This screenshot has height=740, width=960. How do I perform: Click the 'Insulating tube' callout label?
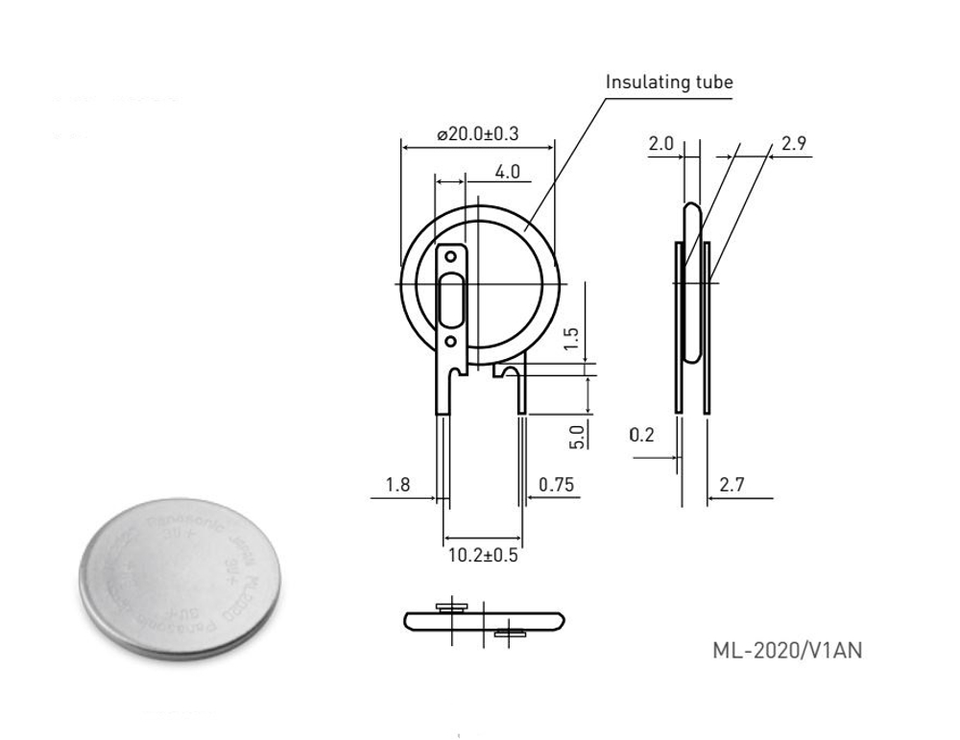pyautogui.click(x=668, y=83)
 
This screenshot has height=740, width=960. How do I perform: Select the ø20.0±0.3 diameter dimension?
pyautogui.click(x=477, y=135)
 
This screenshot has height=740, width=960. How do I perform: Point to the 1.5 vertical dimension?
pyautogui.click(x=572, y=338)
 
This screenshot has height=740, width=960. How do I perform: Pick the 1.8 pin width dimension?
pyautogui.click(x=397, y=485)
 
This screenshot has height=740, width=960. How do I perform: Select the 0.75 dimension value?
pyautogui.click(x=557, y=485)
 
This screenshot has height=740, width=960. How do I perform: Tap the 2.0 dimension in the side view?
pyautogui.click(x=660, y=144)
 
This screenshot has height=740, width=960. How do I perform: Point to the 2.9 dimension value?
pyautogui.click(x=793, y=144)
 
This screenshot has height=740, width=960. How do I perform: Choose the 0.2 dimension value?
pyautogui.click(x=641, y=435)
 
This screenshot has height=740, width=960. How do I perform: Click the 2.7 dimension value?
pyautogui.click(x=732, y=485)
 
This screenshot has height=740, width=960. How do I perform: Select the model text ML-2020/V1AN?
pyautogui.click(x=787, y=651)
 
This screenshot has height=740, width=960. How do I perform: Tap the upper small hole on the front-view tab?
pyautogui.click(x=449, y=257)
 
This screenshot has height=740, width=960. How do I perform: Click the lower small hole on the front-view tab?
pyautogui.click(x=449, y=342)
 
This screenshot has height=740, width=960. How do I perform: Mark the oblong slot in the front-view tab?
pyautogui.click(x=450, y=299)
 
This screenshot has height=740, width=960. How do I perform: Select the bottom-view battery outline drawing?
pyautogui.click(x=483, y=621)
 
